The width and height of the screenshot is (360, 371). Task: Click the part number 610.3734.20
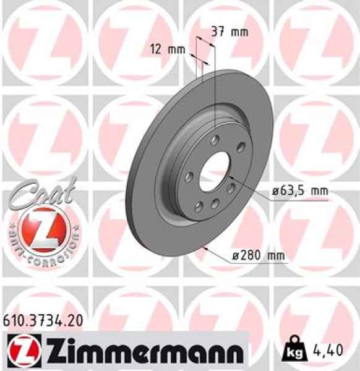click(40, 320)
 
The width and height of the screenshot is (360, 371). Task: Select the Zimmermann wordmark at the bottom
click(140, 351)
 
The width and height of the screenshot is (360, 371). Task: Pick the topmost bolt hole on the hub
click(214, 140)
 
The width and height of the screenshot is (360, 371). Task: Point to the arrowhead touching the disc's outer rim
click(204, 247)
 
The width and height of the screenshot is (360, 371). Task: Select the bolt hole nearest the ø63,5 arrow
click(231, 187)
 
